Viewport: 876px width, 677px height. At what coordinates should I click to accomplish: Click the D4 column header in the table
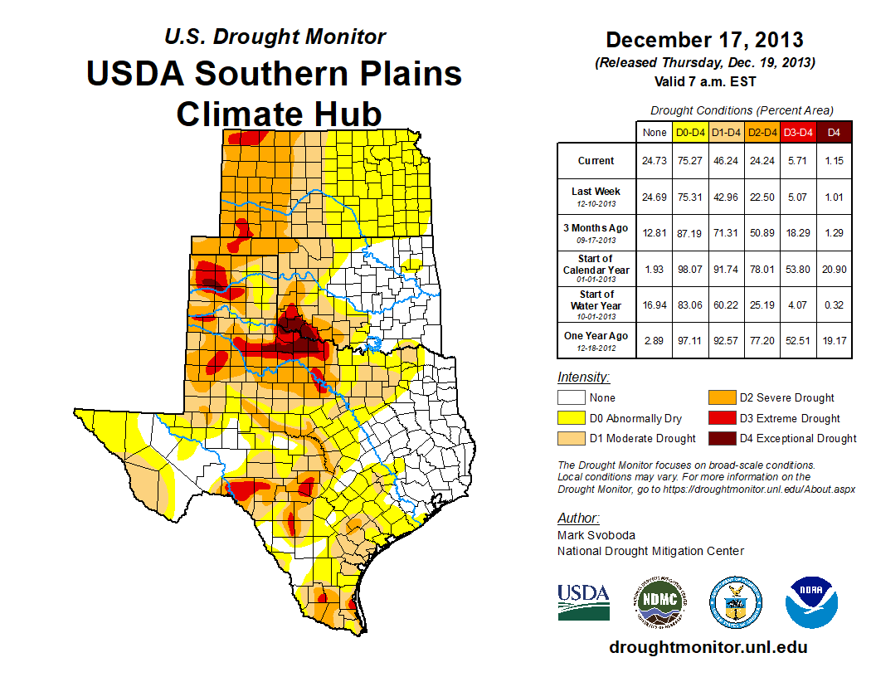pyautogui.click(x=834, y=132)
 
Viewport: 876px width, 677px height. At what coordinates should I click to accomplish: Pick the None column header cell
pyautogui.click(x=654, y=132)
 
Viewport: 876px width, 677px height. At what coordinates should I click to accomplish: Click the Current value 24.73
pyautogui.click(x=654, y=161)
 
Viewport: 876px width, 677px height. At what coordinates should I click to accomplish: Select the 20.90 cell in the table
pyautogui.click(x=834, y=269)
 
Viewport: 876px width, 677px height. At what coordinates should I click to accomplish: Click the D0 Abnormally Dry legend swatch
pyautogui.click(x=572, y=418)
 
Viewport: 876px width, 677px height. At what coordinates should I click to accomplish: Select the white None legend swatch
pyautogui.click(x=572, y=397)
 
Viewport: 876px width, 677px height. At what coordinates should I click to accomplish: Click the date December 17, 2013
pyautogui.click(x=704, y=40)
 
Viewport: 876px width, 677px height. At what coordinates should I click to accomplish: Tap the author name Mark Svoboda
pyautogui.click(x=596, y=535)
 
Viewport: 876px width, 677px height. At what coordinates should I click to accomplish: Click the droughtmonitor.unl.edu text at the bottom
pyautogui.click(x=708, y=647)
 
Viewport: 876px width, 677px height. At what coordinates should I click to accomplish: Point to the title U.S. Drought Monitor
pyautogui.click(x=275, y=37)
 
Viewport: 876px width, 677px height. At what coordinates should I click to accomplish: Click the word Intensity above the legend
pyautogui.click(x=583, y=377)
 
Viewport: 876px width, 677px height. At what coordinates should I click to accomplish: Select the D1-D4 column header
pyautogui.click(x=728, y=132)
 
